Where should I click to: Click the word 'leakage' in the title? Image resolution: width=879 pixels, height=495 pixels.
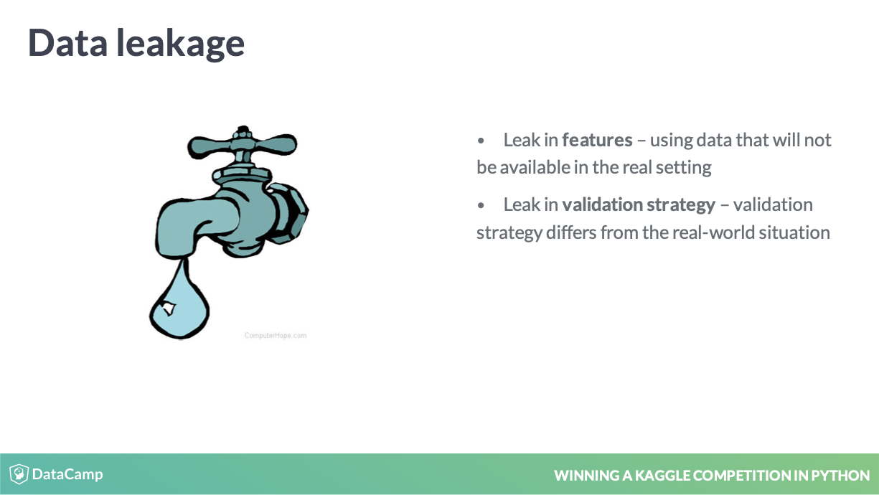(180, 44)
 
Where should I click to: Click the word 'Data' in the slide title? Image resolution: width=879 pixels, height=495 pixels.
(67, 42)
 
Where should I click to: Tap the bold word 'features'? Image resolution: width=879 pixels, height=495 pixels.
(597, 140)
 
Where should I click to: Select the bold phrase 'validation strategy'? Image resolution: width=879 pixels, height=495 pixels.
(639, 205)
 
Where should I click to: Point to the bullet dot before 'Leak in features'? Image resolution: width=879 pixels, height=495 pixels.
(481, 141)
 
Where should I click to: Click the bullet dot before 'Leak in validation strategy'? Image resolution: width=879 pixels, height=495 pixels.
(481, 205)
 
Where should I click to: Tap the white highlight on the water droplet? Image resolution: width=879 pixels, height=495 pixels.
(169, 308)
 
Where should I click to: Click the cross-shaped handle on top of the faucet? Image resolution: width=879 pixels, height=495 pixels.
(242, 144)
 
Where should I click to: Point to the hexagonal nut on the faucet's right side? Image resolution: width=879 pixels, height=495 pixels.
(288, 213)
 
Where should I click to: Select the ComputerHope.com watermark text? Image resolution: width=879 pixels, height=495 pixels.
(276, 335)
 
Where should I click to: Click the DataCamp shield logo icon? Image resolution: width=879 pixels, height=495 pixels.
(19, 474)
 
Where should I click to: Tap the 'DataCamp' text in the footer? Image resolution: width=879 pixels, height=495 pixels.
(67, 475)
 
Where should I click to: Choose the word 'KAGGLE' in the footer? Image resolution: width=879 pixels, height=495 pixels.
(663, 476)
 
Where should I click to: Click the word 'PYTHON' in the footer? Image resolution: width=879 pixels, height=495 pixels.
(840, 476)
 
